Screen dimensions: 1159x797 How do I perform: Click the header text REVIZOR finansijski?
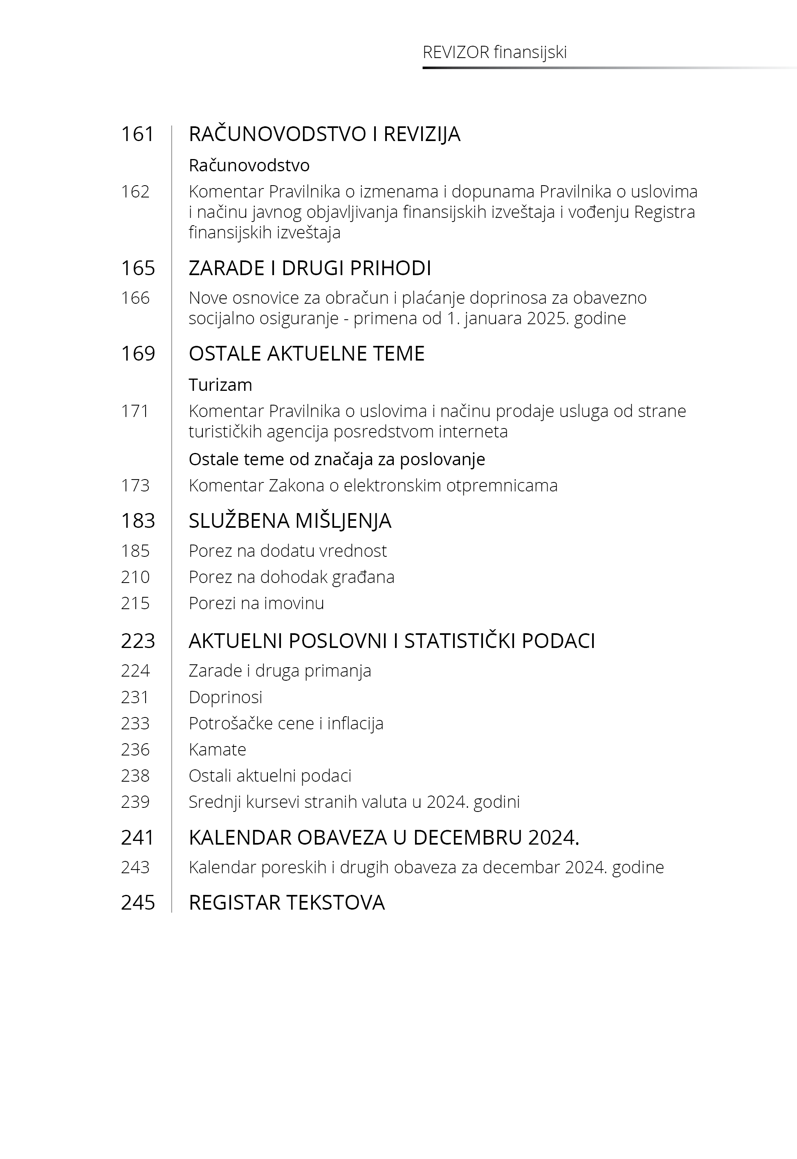pyautogui.click(x=494, y=52)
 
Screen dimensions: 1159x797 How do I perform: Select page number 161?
pyautogui.click(x=137, y=134)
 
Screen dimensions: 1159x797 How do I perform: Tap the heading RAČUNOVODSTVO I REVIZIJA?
pyautogui.click(x=324, y=134)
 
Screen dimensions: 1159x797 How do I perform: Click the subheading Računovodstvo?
pyautogui.click(x=249, y=165)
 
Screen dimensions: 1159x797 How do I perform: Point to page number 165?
pyautogui.click(x=138, y=268)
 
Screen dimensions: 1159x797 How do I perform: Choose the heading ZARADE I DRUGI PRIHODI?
pyautogui.click(x=310, y=268)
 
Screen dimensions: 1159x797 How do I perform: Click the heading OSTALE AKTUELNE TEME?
pyautogui.click(x=306, y=353)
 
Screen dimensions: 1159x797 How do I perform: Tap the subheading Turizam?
pyautogui.click(x=220, y=385)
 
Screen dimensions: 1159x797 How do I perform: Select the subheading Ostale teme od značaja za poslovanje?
pyautogui.click(x=337, y=459)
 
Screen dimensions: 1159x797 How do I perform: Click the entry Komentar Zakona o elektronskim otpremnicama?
pyautogui.click(x=373, y=485)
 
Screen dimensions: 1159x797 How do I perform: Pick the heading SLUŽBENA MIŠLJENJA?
pyautogui.click(x=290, y=520)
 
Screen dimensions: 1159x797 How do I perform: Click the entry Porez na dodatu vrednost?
pyautogui.click(x=287, y=551)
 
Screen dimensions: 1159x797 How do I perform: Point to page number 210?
pyautogui.click(x=135, y=577)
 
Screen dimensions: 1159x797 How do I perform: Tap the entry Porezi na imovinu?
pyautogui.click(x=256, y=603)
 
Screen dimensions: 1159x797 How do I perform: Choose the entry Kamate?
pyautogui.click(x=217, y=749)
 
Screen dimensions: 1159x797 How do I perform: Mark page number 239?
pyautogui.click(x=135, y=802)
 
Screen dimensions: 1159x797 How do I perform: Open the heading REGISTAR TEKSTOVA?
pyautogui.click(x=287, y=902)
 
